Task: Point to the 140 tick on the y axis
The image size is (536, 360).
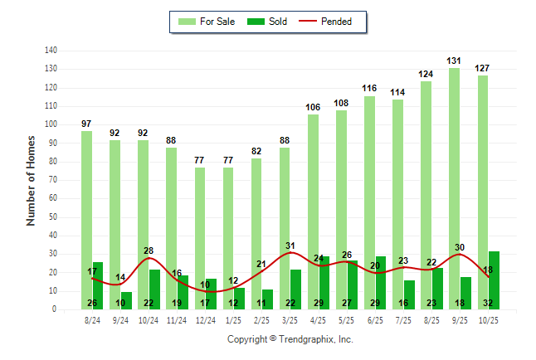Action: coord(51,51)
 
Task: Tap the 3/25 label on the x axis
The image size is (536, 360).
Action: coord(290,319)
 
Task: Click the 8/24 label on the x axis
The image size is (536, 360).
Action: coord(92,319)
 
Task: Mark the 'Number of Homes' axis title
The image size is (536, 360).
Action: coord(32,180)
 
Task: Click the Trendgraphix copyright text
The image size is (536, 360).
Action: coord(290,339)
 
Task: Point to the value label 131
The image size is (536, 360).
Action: coord(454,61)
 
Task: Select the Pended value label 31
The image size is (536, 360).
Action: coord(290,246)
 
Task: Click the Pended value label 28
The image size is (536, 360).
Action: coord(149,251)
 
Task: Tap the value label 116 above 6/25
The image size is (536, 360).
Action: coord(369,88)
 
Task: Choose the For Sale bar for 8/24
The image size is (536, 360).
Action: coord(86,220)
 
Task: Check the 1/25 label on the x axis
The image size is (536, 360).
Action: coord(233,319)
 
